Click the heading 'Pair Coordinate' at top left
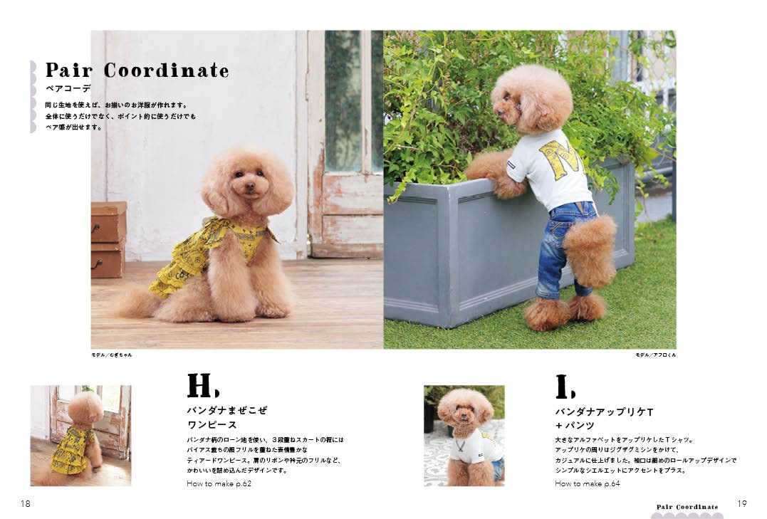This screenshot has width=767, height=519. (x=137, y=70)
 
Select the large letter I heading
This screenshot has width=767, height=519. (x=565, y=387)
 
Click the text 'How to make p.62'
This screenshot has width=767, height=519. (x=219, y=483)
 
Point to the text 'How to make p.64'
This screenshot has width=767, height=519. (x=588, y=483)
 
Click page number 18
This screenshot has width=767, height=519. (x=26, y=503)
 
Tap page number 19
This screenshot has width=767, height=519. (x=742, y=503)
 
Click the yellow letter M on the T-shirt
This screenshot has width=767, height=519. (x=559, y=158)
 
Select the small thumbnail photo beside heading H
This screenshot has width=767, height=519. (x=80, y=436)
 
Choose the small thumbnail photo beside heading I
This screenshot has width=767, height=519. (x=464, y=436)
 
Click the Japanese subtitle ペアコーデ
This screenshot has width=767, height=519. (x=68, y=89)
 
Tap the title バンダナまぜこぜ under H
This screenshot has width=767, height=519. (x=226, y=411)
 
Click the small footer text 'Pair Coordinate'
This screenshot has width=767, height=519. (x=687, y=507)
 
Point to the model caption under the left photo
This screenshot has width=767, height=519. (x=112, y=355)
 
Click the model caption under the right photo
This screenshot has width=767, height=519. (x=655, y=355)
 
